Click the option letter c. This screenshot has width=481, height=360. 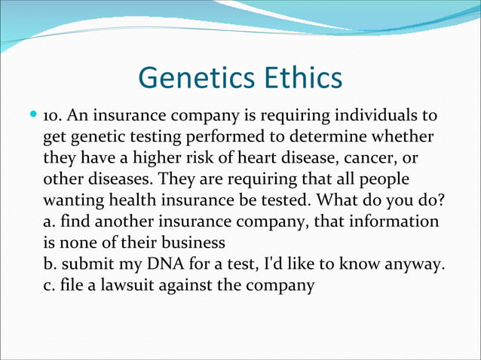point(49,287)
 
